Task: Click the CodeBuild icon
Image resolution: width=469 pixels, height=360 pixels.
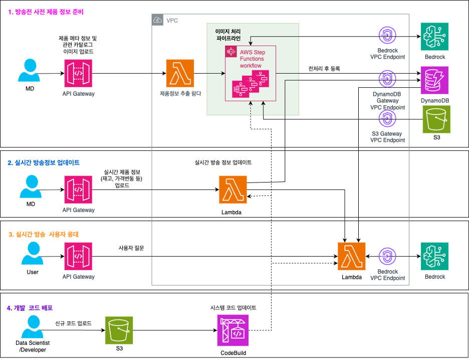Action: pyautogui.click(x=232, y=330)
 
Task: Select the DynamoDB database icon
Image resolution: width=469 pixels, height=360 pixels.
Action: pyautogui.click(x=435, y=80)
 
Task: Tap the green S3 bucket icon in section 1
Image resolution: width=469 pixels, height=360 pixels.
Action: pyautogui.click(x=436, y=119)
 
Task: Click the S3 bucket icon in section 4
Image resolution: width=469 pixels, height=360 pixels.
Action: pyautogui.click(x=119, y=330)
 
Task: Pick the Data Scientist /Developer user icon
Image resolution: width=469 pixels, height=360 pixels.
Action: pyautogui.click(x=33, y=326)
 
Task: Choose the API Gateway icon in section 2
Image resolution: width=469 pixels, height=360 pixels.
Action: pyautogui.click(x=78, y=190)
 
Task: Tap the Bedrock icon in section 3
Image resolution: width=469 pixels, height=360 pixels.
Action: pyautogui.click(x=434, y=257)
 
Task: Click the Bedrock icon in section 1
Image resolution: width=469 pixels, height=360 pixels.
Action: pyautogui.click(x=434, y=37)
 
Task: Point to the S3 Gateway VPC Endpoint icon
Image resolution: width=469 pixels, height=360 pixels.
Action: pyautogui.click(x=387, y=118)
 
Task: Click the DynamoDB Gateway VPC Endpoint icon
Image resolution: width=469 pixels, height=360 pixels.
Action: pyautogui.click(x=387, y=79)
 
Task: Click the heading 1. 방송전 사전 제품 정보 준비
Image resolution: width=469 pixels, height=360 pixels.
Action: pyautogui.click(x=46, y=12)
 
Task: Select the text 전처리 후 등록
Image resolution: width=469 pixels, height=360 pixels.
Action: pyautogui.click(x=324, y=69)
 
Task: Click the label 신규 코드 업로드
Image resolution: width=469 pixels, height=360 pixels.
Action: pyautogui.click(x=73, y=323)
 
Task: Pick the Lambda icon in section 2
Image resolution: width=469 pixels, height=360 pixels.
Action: pyautogui.click(x=232, y=190)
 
